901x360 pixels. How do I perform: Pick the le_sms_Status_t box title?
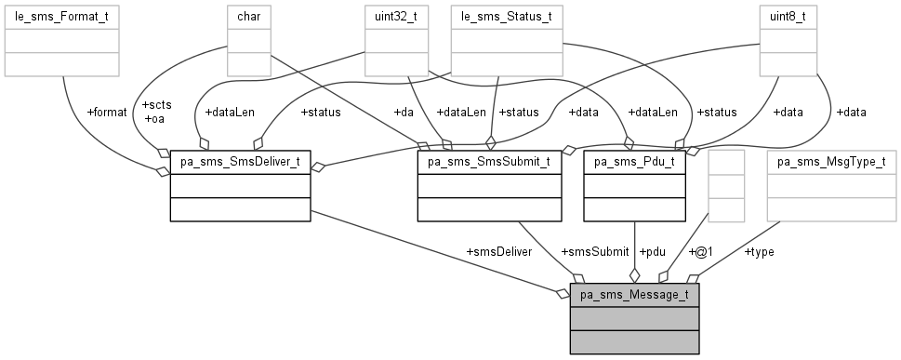point(506,16)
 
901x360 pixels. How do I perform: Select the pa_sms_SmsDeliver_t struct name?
point(240,160)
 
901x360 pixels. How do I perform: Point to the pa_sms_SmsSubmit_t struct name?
point(489,160)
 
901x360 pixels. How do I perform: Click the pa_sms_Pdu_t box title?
point(634,160)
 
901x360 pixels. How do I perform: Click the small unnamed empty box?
point(726,185)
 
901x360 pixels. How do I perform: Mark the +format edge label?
point(107,113)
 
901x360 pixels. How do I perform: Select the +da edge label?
point(404,113)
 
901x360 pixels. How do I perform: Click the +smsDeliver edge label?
point(498,252)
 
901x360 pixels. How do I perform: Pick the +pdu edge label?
point(655,252)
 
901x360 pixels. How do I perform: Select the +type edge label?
point(759,252)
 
